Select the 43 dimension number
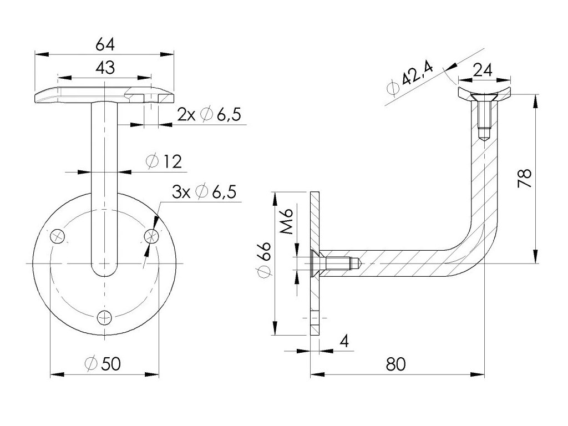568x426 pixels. (x=105, y=68)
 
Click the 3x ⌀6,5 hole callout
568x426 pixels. (x=204, y=192)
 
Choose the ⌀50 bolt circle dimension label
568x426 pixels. (x=103, y=363)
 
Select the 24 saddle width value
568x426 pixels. (x=483, y=70)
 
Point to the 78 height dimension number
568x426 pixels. (x=525, y=179)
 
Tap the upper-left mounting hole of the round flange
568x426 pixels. (x=58, y=236)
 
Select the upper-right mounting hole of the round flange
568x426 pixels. (x=150, y=236)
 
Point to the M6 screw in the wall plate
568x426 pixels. (x=333, y=262)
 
